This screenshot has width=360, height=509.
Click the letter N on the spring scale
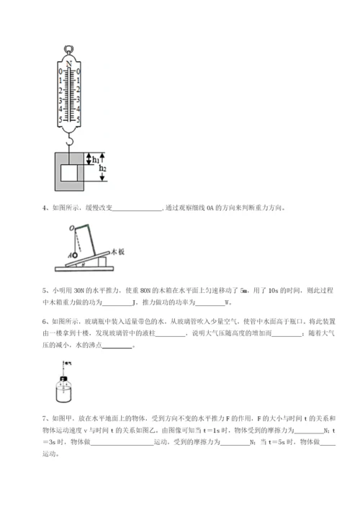coord(69,65)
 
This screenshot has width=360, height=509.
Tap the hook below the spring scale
coord(70,141)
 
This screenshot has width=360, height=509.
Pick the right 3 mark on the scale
coord(78,100)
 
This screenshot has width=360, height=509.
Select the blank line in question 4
coord(138,210)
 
